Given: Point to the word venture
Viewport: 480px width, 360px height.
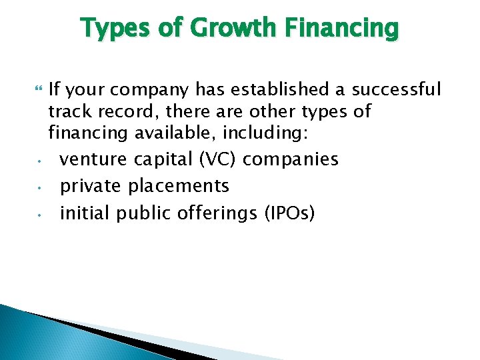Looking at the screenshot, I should [93, 160].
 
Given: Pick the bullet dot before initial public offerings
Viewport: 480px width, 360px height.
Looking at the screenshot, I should [40, 215].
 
